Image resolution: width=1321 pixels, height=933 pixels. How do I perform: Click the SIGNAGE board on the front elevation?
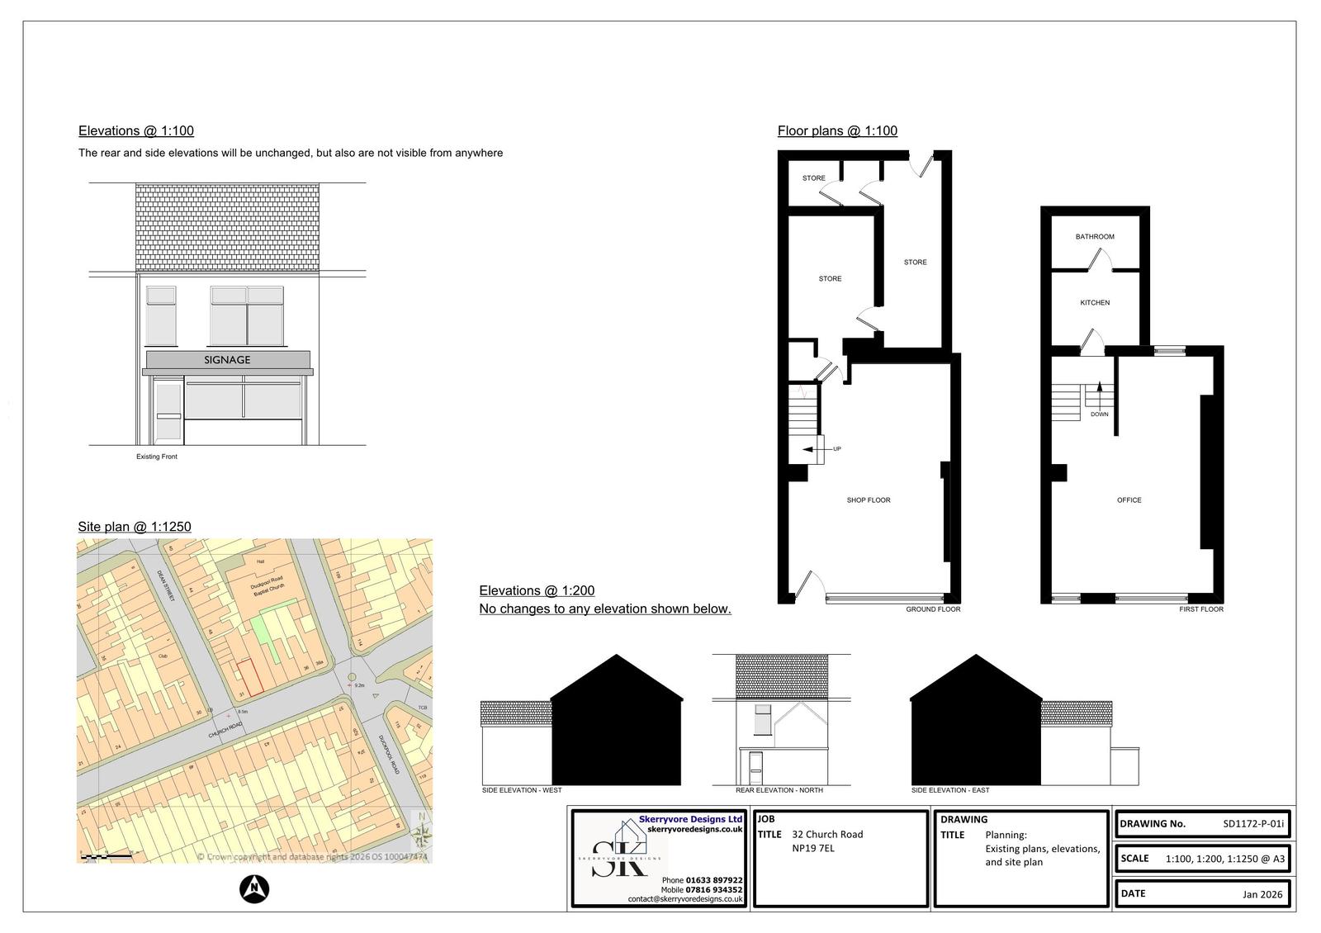pyautogui.click(x=227, y=360)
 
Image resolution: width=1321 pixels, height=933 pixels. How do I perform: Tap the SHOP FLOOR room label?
pyautogui.click(x=868, y=500)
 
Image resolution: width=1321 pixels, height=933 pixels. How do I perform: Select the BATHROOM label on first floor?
pyautogui.click(x=1094, y=237)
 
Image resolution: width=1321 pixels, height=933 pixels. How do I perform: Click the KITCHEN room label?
pyautogui.click(x=1095, y=303)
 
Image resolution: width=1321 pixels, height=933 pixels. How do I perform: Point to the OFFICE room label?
pyautogui.click(x=1129, y=500)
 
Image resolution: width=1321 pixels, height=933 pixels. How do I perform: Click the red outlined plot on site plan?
pyautogui.click(x=250, y=677)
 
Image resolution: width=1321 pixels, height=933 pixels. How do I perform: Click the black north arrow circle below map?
pyautogui.click(x=254, y=888)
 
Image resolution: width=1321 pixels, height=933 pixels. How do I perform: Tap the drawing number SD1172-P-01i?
pyautogui.click(x=1252, y=823)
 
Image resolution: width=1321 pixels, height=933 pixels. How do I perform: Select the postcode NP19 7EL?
pyautogui.click(x=813, y=848)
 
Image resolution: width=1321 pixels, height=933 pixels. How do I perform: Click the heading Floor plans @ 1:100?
pyautogui.click(x=836, y=130)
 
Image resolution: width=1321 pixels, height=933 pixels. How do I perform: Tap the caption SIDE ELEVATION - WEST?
pyautogui.click(x=521, y=790)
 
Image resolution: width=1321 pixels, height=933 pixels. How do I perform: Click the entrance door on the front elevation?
pyautogui.click(x=168, y=412)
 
